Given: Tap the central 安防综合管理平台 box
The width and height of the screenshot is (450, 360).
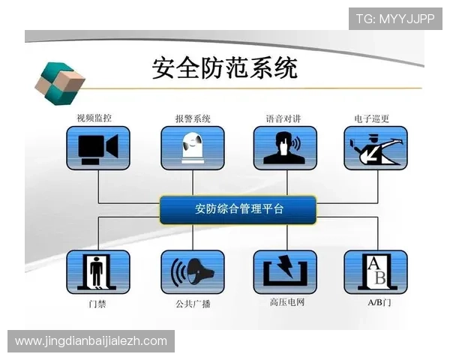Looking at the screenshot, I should tap(238, 209).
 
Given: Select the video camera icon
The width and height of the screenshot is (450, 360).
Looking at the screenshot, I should tap(98, 148).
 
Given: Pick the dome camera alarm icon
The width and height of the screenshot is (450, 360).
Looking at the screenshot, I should tap(193, 148).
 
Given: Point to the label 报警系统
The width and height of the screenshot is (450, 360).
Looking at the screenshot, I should tap(193, 118).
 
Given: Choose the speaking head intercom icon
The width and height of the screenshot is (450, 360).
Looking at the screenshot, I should tap(284, 148).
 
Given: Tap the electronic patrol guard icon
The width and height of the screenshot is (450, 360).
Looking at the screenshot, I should tap(375, 148).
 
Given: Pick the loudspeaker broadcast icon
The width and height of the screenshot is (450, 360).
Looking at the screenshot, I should tap(193, 271).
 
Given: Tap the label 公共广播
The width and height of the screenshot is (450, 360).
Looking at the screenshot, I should tap(192, 304).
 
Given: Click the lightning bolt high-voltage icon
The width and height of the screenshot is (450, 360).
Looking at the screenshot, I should tap(284, 271).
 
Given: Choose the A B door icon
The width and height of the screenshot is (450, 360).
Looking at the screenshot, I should tap(375, 271).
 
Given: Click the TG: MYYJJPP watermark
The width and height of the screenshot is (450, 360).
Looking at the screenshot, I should tap(395, 18).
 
